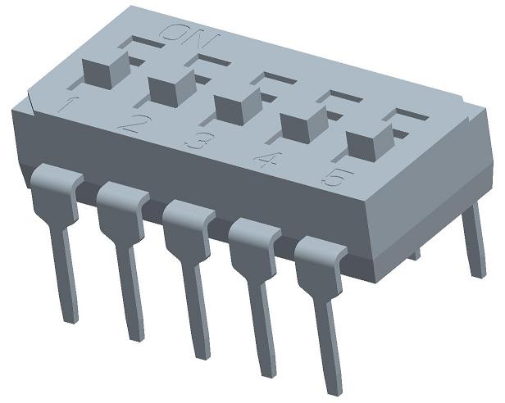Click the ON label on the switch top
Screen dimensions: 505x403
click(x=190, y=34)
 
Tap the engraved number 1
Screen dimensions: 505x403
click(x=68, y=104)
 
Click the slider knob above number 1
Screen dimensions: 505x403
click(x=107, y=70)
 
